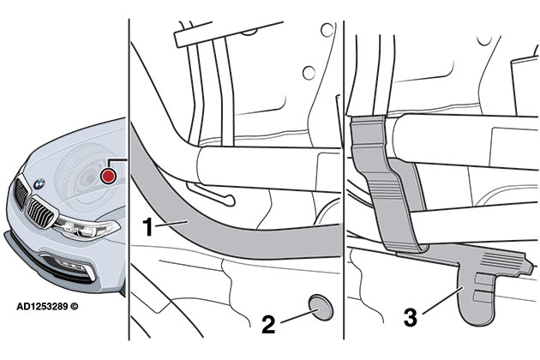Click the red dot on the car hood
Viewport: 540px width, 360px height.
pos(107,176)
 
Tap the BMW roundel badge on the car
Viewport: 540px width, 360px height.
pos(39,183)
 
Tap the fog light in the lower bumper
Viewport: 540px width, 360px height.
pos(75,268)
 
